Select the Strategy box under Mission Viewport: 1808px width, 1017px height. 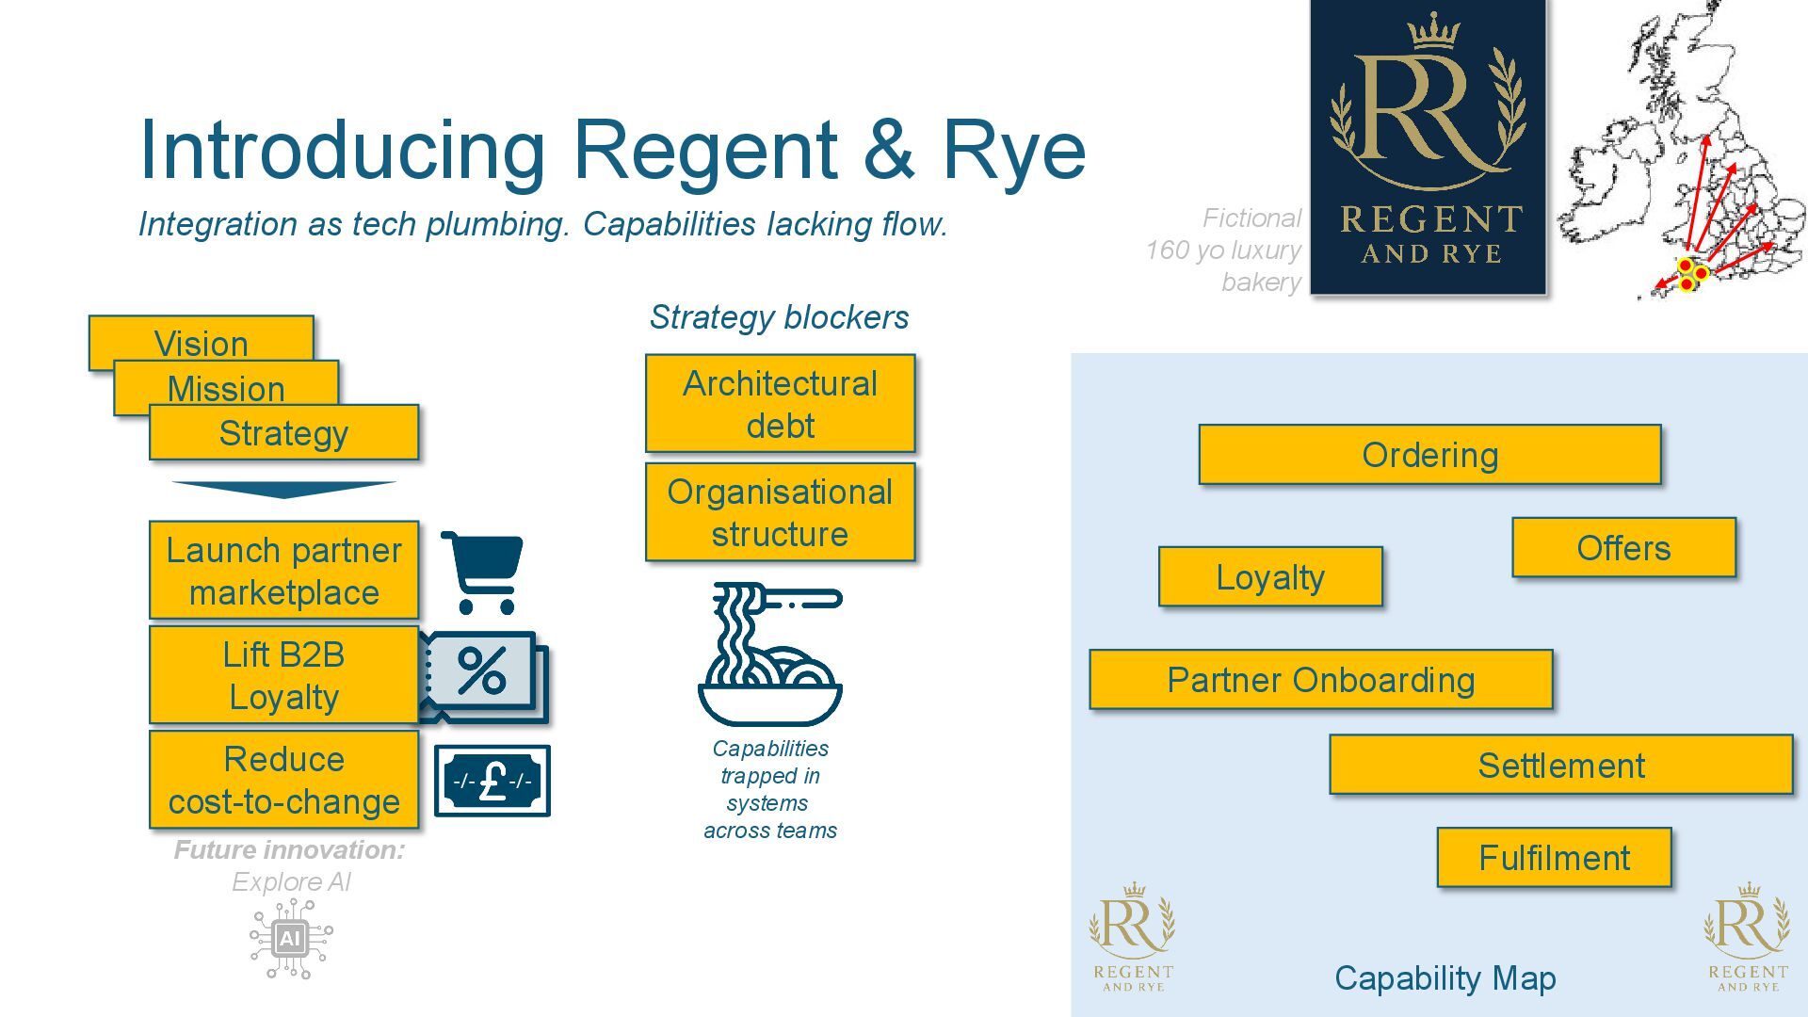coord(283,433)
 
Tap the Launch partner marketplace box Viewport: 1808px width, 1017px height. coord(283,571)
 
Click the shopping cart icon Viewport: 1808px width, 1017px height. coord(483,572)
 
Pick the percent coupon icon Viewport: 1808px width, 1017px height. coord(483,674)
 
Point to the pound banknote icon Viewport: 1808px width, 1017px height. coord(492,781)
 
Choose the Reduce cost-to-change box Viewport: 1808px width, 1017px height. coord(283,781)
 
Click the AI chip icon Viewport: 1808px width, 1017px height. coord(290,938)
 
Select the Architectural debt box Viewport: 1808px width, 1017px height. coord(780,404)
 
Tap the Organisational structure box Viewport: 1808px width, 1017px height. coord(780,512)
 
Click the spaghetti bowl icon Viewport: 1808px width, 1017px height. coord(770,654)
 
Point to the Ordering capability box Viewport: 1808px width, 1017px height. coord(1429,455)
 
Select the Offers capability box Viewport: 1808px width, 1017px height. coord(1623,547)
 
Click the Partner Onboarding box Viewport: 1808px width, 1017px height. coord(1320,679)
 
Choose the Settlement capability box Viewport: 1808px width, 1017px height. coord(1560,765)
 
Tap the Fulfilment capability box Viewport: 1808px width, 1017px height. coord(1554,857)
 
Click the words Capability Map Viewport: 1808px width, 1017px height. coord(1445,977)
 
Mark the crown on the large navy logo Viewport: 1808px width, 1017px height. coord(1433,32)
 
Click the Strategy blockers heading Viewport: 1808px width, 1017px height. coord(779,317)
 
